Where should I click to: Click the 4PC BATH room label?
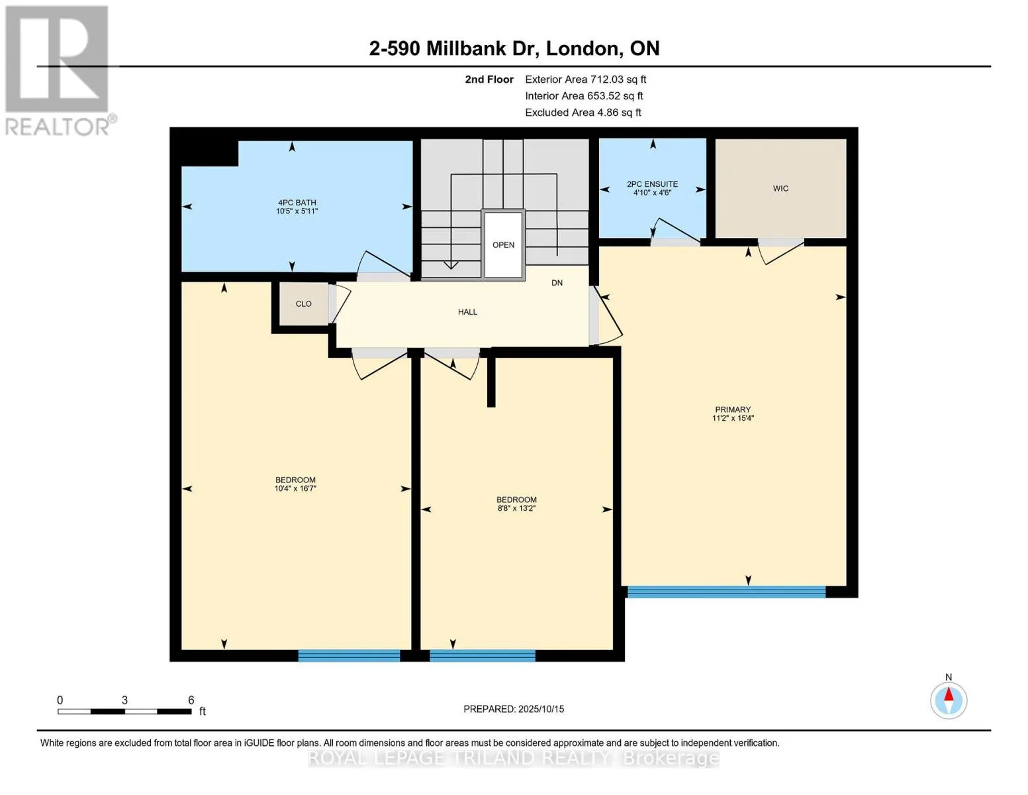297,203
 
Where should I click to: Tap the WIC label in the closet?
780,189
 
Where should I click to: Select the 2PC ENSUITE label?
652,184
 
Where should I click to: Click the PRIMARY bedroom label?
732,409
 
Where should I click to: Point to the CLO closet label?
303,304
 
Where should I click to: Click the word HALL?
467,312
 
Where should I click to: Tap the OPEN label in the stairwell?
503,245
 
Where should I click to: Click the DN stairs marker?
557,283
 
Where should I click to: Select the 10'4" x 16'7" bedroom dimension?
295,489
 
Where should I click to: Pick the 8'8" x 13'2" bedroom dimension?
516,509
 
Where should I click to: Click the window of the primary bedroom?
726,592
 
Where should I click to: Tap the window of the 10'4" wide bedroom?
349,656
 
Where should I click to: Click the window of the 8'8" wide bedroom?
482,656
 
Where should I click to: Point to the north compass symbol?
949,700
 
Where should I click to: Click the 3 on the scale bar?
124,700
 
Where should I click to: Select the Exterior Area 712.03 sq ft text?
585,79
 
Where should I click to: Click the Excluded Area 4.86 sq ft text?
583,113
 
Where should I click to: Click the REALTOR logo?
58,70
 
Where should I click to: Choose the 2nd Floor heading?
489,79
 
